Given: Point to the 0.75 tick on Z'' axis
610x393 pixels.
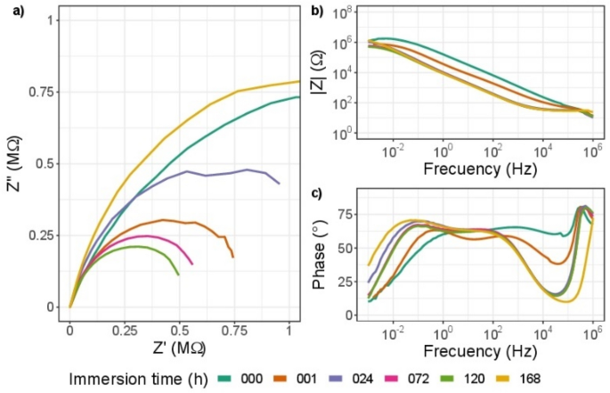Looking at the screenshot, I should [x=46, y=91].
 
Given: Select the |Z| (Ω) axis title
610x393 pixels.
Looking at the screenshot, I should [x=338, y=72].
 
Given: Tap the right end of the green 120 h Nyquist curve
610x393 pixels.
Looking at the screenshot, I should [x=178, y=274].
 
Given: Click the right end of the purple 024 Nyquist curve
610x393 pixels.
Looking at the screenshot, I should [x=280, y=184].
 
